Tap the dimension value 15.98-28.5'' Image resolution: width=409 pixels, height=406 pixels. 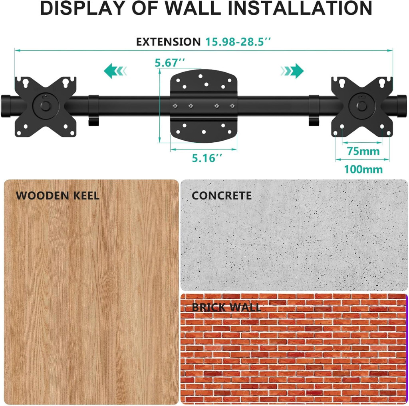click(x=238, y=42)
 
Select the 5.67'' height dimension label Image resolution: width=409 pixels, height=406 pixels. click(x=170, y=63)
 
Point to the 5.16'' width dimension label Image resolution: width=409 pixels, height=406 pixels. click(x=207, y=158)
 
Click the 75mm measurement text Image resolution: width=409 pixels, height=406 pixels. click(x=363, y=151)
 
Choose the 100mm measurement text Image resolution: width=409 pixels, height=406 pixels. click(x=363, y=169)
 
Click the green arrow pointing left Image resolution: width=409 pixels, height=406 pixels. click(x=115, y=71)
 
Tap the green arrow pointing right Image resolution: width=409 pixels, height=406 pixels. click(x=292, y=71)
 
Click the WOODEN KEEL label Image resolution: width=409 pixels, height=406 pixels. click(x=58, y=196)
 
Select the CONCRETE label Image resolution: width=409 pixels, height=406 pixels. click(x=222, y=196)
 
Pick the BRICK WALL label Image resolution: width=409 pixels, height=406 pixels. click(x=226, y=307)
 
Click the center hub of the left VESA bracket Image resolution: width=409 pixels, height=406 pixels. click(x=46, y=106)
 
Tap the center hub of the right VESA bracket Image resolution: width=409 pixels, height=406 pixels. click(x=362, y=106)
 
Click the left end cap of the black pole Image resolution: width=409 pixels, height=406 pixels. click(x=5, y=106)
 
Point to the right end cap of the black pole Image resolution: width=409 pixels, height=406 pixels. click(x=402, y=106)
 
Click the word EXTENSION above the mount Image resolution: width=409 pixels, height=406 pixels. click(x=168, y=42)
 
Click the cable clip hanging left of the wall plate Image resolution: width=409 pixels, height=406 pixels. click(x=93, y=110)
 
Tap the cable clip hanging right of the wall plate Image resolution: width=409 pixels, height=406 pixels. click(x=314, y=110)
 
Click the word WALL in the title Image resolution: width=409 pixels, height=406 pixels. click(x=193, y=8)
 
